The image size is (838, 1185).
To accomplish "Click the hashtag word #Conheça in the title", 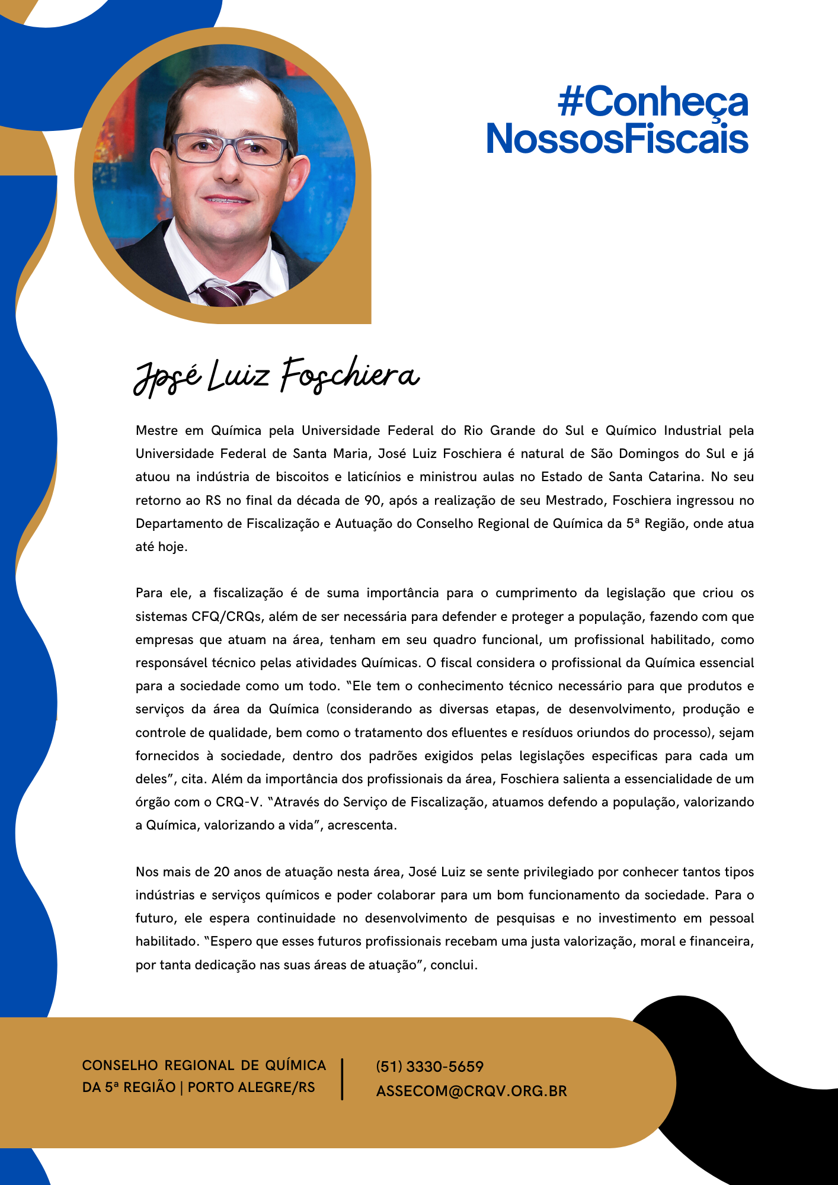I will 653,102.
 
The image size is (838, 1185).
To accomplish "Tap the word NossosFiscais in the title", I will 617,139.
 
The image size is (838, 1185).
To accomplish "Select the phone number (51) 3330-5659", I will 430,1066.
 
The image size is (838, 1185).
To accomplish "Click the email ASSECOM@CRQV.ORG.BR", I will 471,1091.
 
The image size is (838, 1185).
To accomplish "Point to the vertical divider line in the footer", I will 343,1079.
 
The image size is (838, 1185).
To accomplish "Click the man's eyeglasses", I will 230,149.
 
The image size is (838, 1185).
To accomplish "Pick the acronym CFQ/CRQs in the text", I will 226,616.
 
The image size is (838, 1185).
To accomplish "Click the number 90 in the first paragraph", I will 372,501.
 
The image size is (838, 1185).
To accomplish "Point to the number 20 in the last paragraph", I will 222,872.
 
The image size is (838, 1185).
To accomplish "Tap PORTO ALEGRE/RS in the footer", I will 251,1087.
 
